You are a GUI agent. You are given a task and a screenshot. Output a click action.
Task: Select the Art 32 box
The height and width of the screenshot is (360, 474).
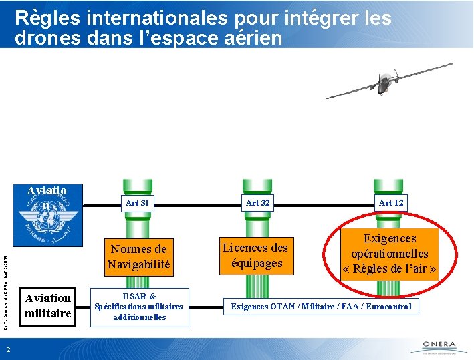257,202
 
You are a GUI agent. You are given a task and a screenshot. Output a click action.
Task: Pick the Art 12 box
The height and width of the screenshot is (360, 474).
390,202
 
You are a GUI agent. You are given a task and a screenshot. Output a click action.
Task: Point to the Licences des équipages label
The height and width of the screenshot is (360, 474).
255,255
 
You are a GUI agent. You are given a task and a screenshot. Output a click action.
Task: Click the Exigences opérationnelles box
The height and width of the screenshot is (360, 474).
390,254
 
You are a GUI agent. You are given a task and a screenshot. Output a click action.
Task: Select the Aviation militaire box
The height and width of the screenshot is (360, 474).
48,305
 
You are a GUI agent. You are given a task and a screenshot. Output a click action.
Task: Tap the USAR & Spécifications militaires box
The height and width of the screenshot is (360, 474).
138,307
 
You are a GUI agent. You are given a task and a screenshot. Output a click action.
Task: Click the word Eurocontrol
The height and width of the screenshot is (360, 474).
392,307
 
